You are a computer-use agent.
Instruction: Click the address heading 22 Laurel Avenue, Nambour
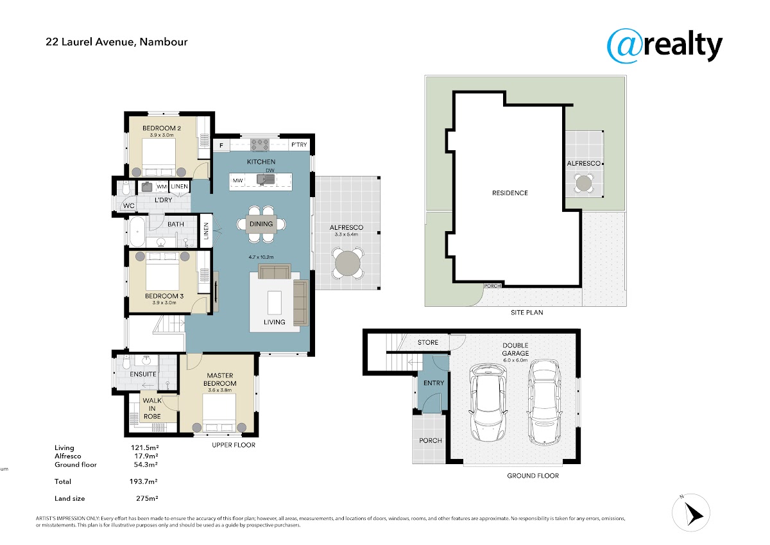click(117, 42)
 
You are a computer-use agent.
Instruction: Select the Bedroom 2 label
click(162, 128)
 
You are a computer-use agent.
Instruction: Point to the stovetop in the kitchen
click(259, 145)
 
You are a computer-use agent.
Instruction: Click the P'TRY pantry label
click(299, 145)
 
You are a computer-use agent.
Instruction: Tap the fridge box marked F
click(221, 146)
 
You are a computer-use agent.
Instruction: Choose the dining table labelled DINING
click(261, 224)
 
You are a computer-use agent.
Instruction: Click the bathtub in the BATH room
click(137, 231)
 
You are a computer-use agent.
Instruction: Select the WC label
click(128, 205)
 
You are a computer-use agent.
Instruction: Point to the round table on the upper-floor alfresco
click(348, 263)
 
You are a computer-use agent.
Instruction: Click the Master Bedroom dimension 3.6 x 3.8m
click(220, 390)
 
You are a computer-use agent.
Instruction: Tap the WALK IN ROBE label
click(152, 408)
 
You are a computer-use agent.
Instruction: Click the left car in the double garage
click(488, 402)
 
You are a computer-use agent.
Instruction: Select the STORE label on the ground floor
click(428, 342)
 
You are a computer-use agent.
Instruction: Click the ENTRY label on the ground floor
click(434, 383)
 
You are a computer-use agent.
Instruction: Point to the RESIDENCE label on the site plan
click(509, 193)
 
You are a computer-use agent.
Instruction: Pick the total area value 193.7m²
click(144, 481)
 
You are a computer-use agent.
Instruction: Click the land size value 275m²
click(147, 498)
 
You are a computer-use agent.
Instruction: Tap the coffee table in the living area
click(275, 302)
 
